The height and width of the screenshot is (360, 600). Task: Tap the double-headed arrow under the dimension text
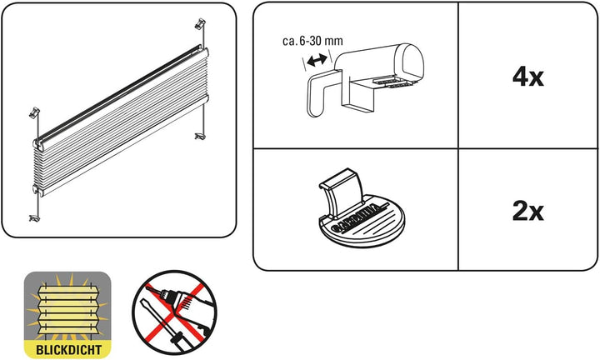(x=315, y=61)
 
